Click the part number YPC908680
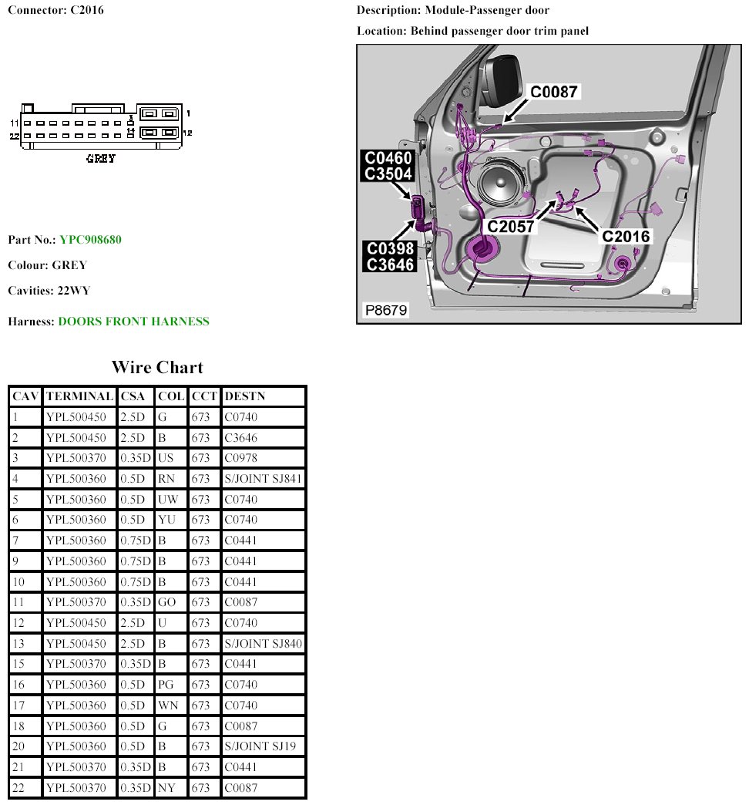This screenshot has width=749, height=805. pyautogui.click(x=90, y=240)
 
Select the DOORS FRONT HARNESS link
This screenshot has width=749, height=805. pyautogui.click(x=133, y=322)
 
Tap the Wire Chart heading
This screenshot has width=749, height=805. pyautogui.click(x=157, y=367)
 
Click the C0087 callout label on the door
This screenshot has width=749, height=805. pyautogui.click(x=553, y=92)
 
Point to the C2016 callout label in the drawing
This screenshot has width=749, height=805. pyautogui.click(x=626, y=236)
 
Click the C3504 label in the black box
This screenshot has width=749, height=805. pyautogui.click(x=388, y=173)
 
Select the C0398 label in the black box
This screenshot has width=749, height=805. pyautogui.click(x=391, y=248)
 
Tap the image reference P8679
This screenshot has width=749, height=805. pyautogui.click(x=387, y=311)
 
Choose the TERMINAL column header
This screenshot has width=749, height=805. pyautogui.click(x=79, y=396)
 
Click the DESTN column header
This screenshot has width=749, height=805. pyautogui.click(x=244, y=396)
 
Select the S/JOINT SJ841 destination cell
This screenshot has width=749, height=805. pyautogui.click(x=263, y=479)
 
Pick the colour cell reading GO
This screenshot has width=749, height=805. pyautogui.click(x=167, y=602)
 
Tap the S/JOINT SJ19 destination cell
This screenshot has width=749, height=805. pyautogui.click(x=260, y=746)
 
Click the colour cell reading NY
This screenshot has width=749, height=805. pyautogui.click(x=166, y=787)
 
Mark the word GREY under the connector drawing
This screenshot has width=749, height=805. pyautogui.click(x=101, y=159)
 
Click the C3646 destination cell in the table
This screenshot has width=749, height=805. pyautogui.click(x=240, y=438)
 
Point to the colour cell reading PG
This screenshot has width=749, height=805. pyautogui.click(x=166, y=685)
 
